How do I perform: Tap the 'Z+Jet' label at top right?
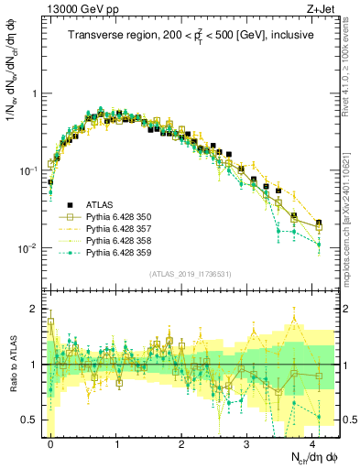point(321,10)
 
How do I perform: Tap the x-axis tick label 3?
point(247,442)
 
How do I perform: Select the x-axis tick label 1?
point(116,442)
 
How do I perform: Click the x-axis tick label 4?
point(313,442)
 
